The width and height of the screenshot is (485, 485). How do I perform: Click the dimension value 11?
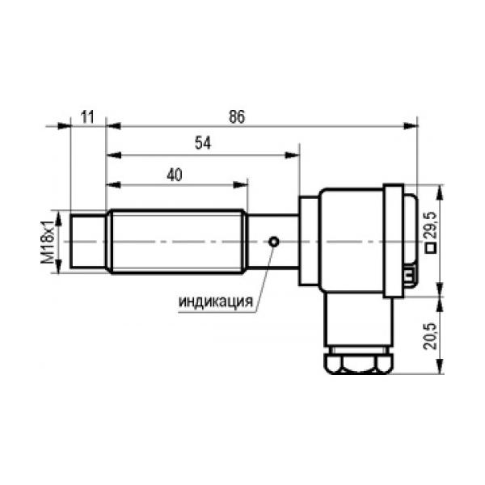click(87, 117)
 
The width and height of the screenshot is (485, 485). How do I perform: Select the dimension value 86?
click(237, 116)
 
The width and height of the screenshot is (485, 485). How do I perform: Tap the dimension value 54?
click(203, 143)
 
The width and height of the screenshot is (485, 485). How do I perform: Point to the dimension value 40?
click(175, 175)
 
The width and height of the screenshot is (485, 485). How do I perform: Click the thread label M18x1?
click(48, 242)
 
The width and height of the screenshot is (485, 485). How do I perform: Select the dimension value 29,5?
click(431, 225)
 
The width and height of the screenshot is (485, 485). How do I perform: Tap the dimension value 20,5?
click(430, 336)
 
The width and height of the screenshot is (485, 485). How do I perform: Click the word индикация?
click(216, 302)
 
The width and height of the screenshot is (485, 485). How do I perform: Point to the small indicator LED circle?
click(274, 242)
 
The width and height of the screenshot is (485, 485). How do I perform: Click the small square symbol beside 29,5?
click(431, 248)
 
